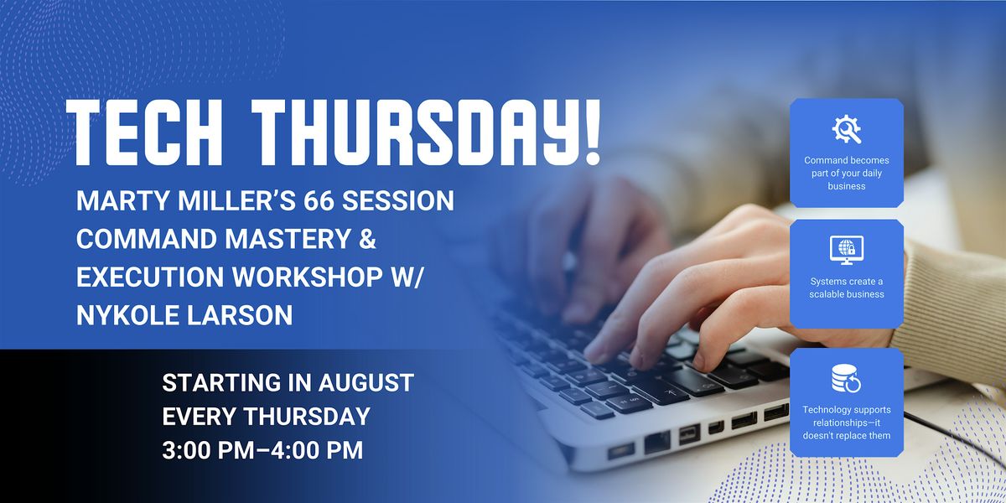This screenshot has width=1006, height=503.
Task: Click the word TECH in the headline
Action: coord(144,132)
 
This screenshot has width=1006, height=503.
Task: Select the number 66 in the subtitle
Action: coord(319,200)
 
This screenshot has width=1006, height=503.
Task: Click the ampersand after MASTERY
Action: coord(367,238)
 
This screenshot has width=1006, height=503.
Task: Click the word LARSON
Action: coord(240,315)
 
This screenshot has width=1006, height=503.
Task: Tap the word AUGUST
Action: coord(366,382)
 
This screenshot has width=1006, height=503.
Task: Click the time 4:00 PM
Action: coord(317,450)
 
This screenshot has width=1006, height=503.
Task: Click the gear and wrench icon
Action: coord(847,129)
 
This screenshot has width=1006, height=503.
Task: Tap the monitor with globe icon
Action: coord(847,250)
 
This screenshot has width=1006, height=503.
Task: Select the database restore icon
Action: coord(847,378)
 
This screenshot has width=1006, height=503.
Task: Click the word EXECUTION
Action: coord(150,277)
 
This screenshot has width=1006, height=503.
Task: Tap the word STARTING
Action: coord(215,382)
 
